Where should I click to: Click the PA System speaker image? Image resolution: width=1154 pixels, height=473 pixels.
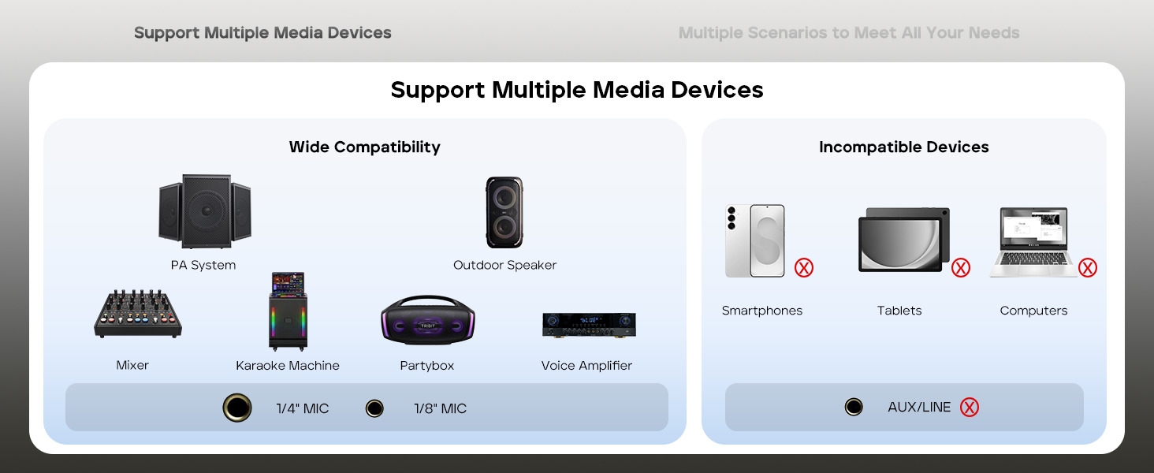tap(204, 211)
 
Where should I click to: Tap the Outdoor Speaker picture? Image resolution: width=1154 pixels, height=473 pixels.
tap(504, 212)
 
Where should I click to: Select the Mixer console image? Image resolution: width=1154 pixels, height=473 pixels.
tap(138, 314)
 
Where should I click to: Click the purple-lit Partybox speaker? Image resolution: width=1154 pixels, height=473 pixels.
tap(428, 320)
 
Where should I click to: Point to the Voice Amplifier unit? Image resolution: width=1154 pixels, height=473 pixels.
tap(589, 324)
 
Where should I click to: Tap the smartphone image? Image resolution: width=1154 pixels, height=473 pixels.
tap(755, 240)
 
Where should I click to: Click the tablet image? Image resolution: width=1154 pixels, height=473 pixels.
tap(903, 240)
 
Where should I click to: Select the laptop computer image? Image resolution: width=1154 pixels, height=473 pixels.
tap(1033, 242)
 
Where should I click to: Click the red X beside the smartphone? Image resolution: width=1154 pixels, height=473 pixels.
tap(803, 268)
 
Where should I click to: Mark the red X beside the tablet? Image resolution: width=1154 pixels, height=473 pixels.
tap(961, 268)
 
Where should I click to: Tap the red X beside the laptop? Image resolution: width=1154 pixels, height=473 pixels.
tap(1088, 268)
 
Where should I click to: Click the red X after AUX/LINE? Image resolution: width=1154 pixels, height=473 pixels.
tap(970, 408)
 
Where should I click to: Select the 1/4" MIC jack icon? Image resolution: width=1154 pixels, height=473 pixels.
tap(237, 408)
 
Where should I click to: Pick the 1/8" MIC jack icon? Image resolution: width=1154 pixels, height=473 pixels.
tap(374, 408)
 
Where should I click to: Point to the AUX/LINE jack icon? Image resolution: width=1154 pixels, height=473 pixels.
tap(854, 408)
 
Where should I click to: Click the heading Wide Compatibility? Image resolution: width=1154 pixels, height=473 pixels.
tap(364, 147)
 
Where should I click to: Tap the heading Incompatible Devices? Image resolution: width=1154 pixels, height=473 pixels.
tap(903, 147)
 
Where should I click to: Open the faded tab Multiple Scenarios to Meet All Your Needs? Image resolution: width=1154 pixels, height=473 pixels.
tap(849, 33)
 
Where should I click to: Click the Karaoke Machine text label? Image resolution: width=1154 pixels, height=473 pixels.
tap(288, 366)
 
